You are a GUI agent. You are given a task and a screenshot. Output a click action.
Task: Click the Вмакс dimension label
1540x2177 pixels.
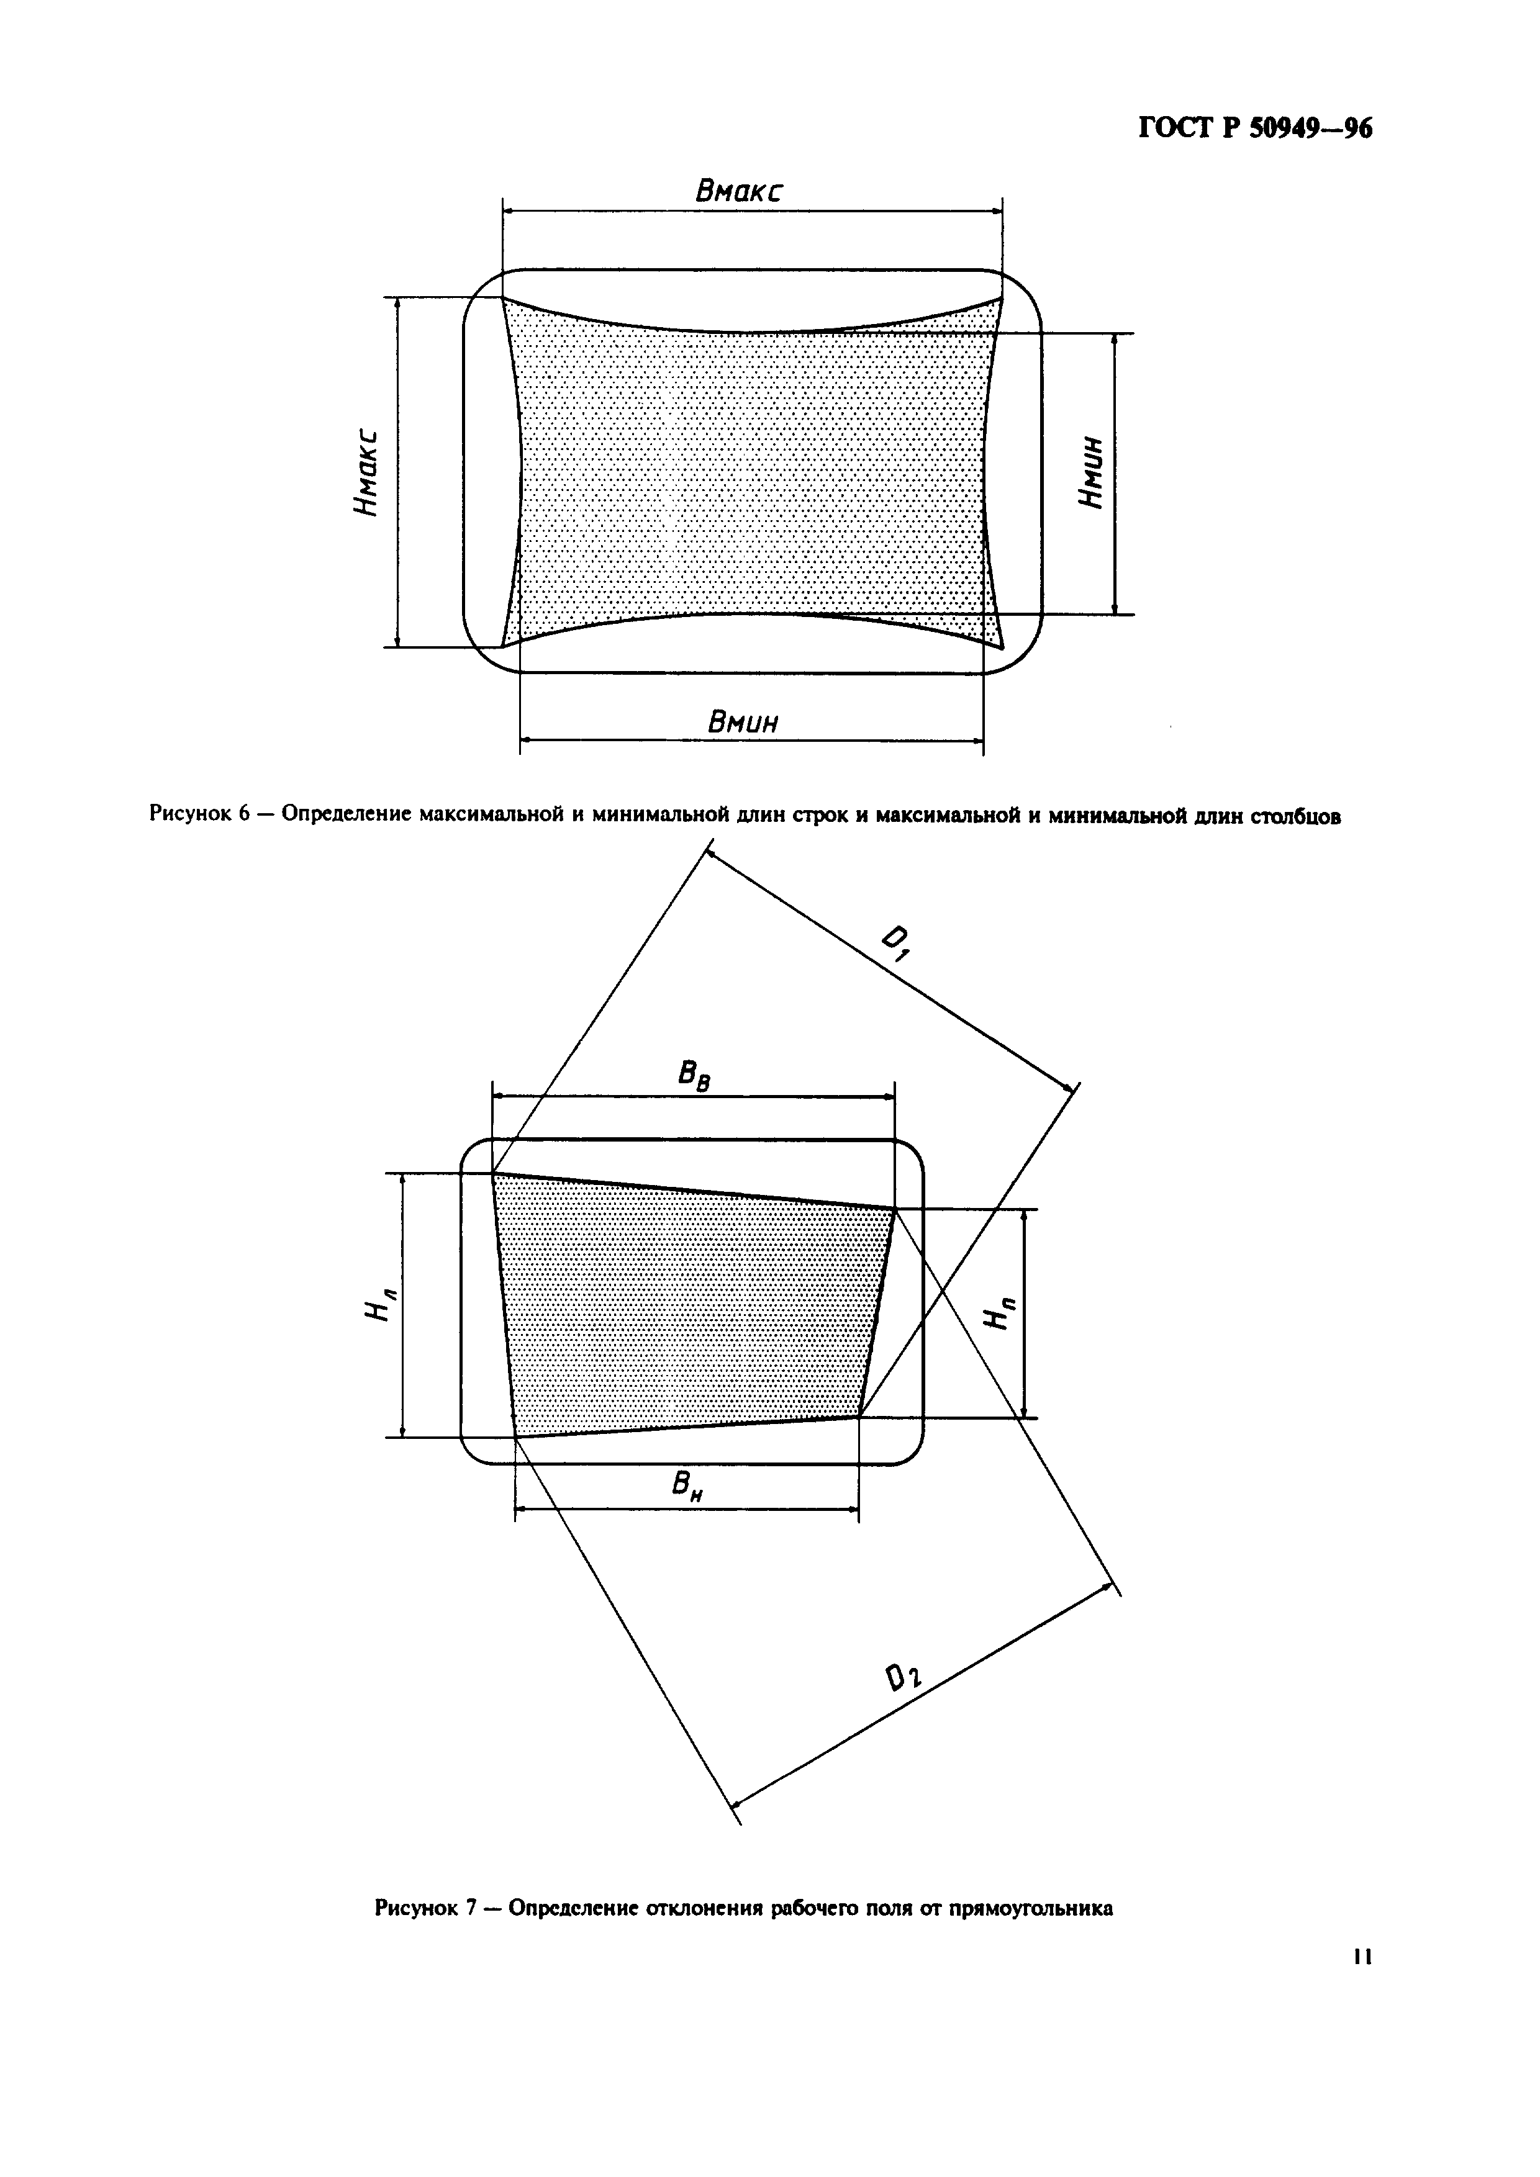click(x=740, y=192)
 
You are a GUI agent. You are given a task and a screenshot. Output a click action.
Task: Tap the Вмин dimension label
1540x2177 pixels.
click(x=743, y=723)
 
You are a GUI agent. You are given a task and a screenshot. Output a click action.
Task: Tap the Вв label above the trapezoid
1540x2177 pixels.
click(x=694, y=1076)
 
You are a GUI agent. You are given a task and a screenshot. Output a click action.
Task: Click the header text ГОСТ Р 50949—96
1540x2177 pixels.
click(x=1254, y=128)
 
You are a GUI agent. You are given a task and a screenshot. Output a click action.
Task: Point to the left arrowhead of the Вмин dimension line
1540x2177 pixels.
click(x=524, y=739)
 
